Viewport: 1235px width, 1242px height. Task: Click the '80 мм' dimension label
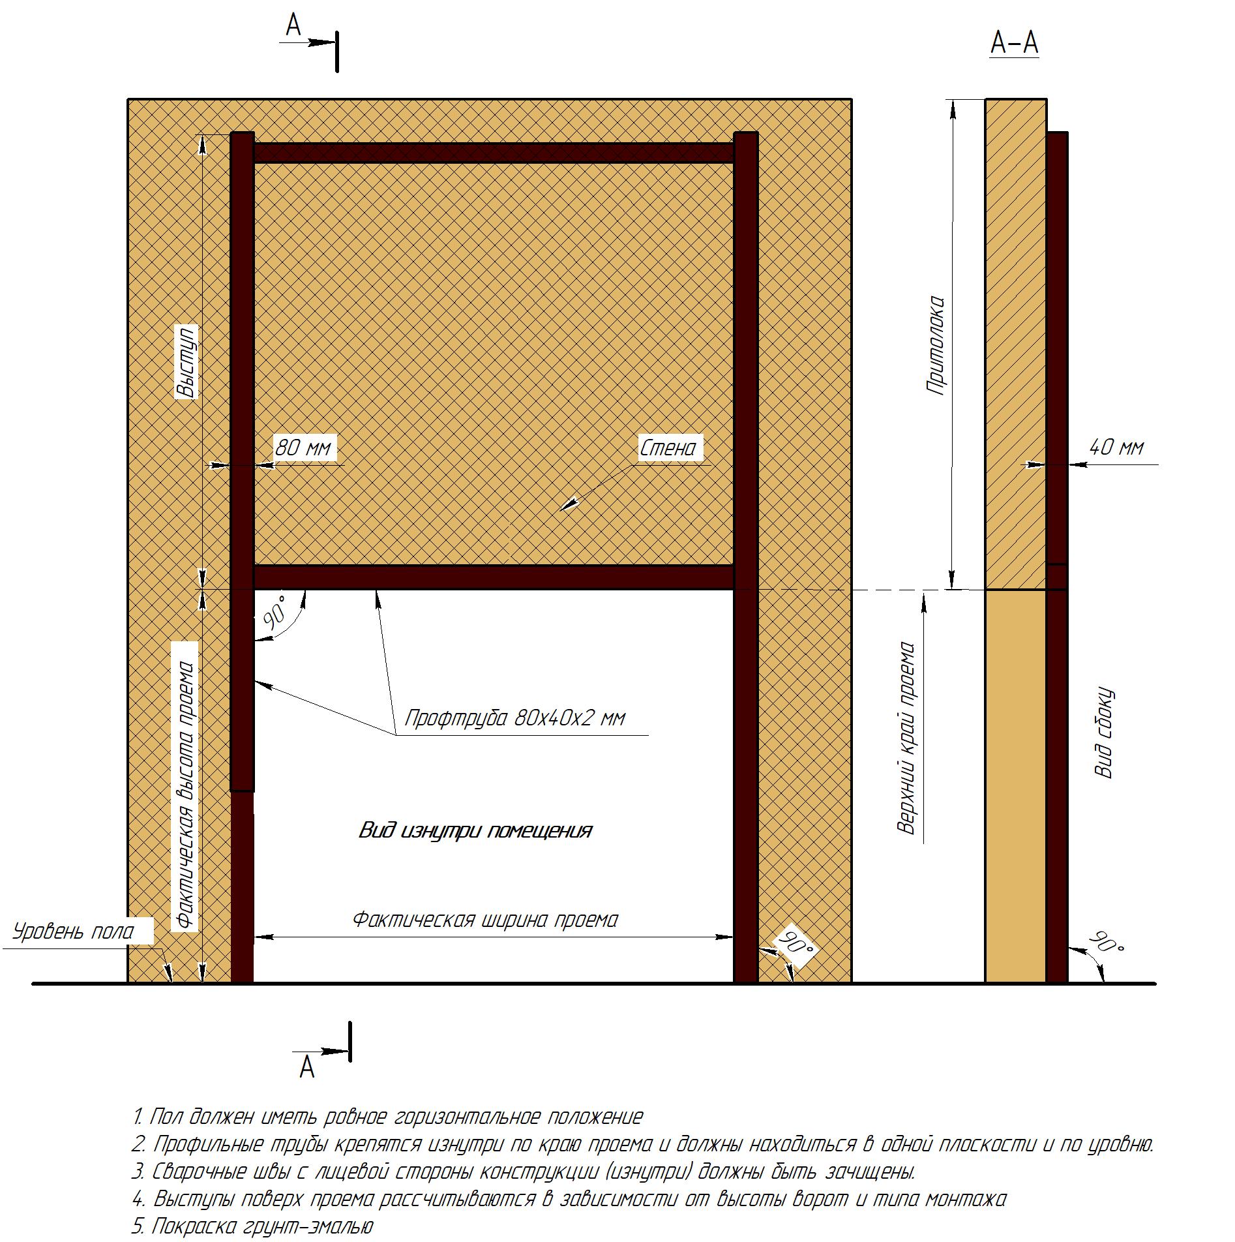[x=303, y=447]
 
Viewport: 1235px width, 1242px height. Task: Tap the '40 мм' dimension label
[x=1116, y=447]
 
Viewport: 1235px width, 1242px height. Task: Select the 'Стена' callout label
[x=668, y=448]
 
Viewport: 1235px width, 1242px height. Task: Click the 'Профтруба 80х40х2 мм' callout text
[x=515, y=718]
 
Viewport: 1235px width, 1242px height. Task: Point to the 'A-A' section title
[x=1014, y=43]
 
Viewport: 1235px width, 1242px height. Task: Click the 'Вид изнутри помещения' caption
[x=475, y=830]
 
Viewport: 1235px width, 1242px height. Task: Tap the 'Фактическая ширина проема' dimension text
[x=485, y=920]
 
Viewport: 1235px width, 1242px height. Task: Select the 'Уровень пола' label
[x=73, y=931]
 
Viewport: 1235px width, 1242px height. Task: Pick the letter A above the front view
[x=294, y=25]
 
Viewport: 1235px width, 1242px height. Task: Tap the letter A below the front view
[x=307, y=1068]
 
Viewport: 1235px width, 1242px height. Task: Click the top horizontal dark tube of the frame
[x=494, y=153]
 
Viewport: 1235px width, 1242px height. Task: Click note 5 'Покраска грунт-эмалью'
[x=252, y=1226]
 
